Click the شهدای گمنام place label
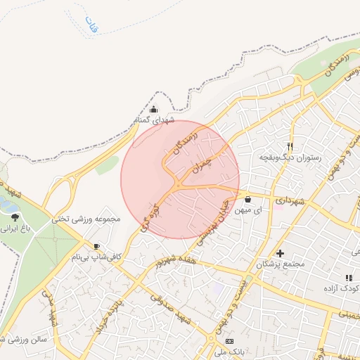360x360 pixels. pyautogui.click(x=153, y=120)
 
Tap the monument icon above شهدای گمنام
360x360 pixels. pyautogui.click(x=154, y=109)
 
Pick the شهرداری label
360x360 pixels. pyautogui.click(x=290, y=202)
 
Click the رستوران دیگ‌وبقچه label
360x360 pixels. pyautogui.click(x=290, y=158)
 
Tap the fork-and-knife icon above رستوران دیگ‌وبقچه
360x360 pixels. pyautogui.click(x=290, y=148)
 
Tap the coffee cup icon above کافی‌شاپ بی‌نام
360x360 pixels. pyautogui.click(x=96, y=246)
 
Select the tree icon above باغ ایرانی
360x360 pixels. pyautogui.click(x=15, y=217)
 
